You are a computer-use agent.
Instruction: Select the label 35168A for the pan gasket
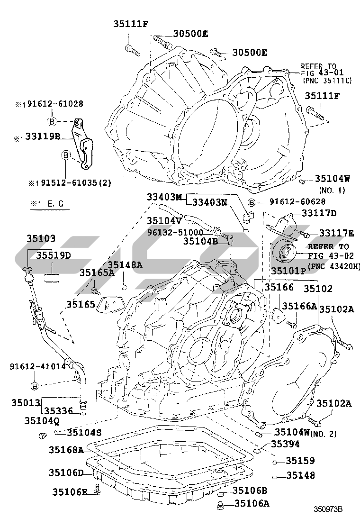[x=66, y=449]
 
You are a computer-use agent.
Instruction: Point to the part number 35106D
[x=66, y=472]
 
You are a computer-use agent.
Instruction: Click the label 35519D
[x=54, y=255]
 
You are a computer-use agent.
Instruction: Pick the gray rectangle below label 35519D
[x=54, y=276]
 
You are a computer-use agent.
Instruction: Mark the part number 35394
[x=286, y=444]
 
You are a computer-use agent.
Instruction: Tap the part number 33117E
[x=336, y=233]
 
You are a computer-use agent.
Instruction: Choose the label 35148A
[x=125, y=265]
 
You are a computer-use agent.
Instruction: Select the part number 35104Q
[x=42, y=420]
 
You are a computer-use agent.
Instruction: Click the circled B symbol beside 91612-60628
[x=251, y=202]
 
